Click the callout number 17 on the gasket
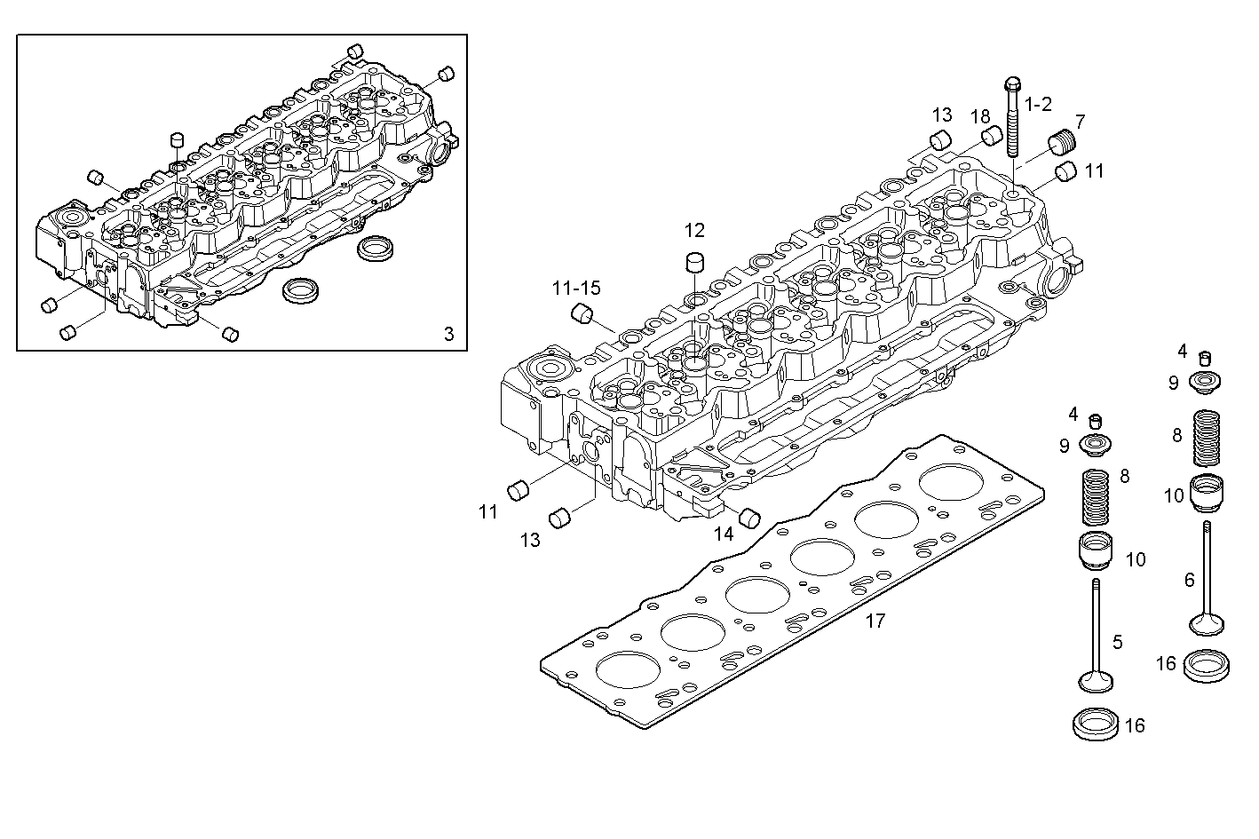pos(875,621)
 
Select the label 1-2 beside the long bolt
pos(1038,105)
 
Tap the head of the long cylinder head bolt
pos(1013,85)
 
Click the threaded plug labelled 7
pos(1062,142)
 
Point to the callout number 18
pos(979,117)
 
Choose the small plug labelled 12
pos(694,264)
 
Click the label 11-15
pos(575,288)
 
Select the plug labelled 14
pos(749,517)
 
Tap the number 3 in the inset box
pos(448,334)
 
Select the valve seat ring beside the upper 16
pos(1207,665)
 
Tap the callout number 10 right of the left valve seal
pos(1136,559)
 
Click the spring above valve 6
pos(1204,438)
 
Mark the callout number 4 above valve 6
pos(1182,351)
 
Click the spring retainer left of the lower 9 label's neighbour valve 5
pos(1095,443)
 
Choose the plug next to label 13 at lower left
pos(560,518)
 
